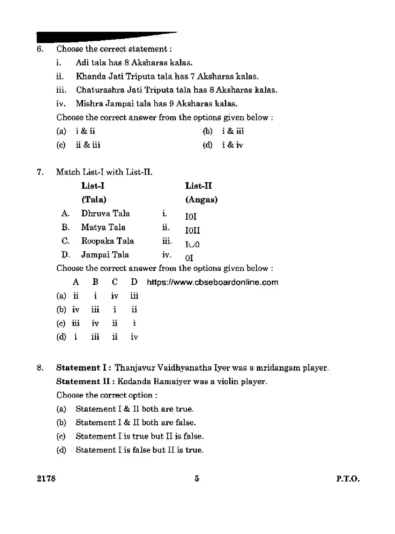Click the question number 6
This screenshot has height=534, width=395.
click(40, 49)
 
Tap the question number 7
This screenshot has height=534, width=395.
click(40, 172)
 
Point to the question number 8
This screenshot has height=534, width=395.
click(40, 368)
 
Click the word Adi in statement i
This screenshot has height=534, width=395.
click(83, 62)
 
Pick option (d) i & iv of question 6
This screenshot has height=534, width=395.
click(223, 145)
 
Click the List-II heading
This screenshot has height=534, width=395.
click(198, 186)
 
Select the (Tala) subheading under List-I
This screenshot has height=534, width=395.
click(94, 200)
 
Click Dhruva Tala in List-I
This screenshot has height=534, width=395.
click(106, 213)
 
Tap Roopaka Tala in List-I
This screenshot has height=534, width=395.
click(108, 241)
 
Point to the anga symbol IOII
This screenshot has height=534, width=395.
click(192, 231)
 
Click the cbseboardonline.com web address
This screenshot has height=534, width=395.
click(213, 282)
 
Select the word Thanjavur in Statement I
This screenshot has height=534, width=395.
click(135, 368)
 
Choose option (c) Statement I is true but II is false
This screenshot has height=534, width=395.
click(140, 436)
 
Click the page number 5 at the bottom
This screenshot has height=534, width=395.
click(197, 479)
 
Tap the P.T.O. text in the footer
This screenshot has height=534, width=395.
click(348, 479)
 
